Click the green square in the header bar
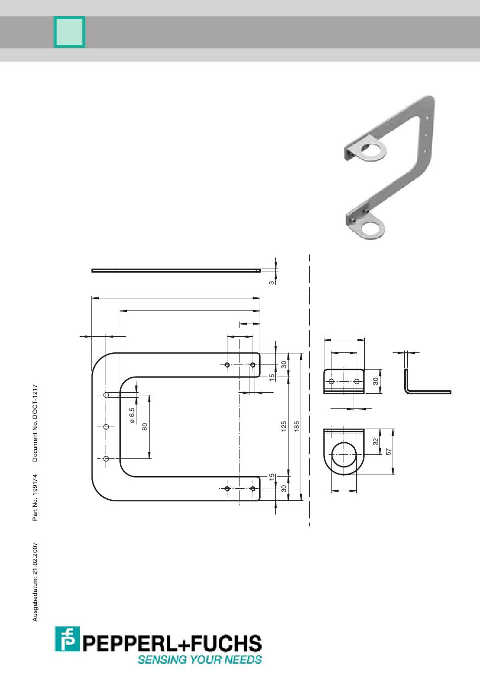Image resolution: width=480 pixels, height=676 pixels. pyautogui.click(x=69, y=32)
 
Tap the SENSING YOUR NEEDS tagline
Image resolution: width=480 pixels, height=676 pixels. pyautogui.click(x=200, y=659)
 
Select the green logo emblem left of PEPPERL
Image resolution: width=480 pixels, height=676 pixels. pyautogui.click(x=67, y=640)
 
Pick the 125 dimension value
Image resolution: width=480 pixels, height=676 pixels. pyautogui.click(x=284, y=427)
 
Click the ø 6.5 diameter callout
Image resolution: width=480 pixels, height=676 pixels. pyautogui.click(x=132, y=414)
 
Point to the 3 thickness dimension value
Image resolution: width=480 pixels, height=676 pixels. pyautogui.click(x=272, y=282)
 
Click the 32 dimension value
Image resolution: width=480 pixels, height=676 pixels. pyautogui.click(x=375, y=441)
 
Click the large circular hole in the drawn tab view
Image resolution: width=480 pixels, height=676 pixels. pyautogui.click(x=344, y=452)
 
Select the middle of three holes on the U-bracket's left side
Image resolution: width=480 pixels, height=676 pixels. pyautogui.click(x=106, y=427)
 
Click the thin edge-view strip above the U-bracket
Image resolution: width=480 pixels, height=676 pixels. pyautogui.click(x=176, y=271)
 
